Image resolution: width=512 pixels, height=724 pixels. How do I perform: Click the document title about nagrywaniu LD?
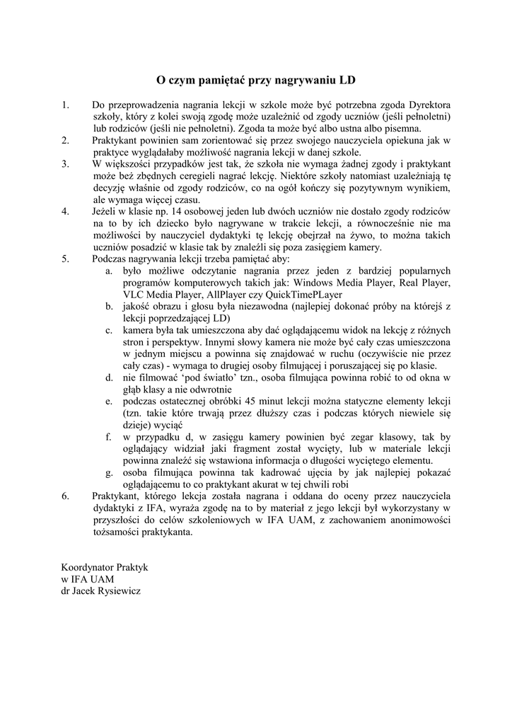click(x=255, y=81)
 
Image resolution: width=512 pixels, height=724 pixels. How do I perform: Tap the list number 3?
click(x=65, y=163)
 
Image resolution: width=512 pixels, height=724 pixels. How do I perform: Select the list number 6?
click(x=65, y=496)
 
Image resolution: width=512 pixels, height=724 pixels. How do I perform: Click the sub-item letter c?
click(x=110, y=330)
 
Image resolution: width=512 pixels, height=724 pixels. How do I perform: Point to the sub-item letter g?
click(x=110, y=472)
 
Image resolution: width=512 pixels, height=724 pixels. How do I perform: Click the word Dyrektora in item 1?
click(x=427, y=105)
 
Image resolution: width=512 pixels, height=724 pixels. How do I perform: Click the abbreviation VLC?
click(x=134, y=294)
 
